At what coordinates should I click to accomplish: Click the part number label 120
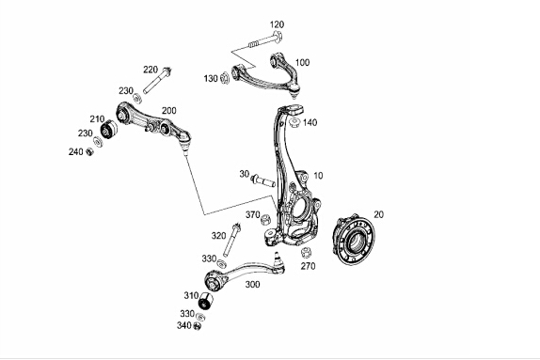pyautogui.click(x=277, y=24)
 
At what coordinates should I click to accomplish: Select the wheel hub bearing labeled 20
pyautogui.click(x=354, y=240)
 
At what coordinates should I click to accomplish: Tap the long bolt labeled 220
pyautogui.click(x=157, y=81)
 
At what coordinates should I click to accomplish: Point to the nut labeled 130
pyautogui.click(x=224, y=78)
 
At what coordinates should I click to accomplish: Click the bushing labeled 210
pyautogui.click(x=108, y=129)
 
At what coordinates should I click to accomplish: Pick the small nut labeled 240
pyautogui.click(x=89, y=151)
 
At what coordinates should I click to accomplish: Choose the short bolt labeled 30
pyautogui.click(x=263, y=180)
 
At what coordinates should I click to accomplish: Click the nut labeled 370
pyautogui.click(x=265, y=219)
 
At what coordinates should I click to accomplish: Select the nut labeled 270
pyautogui.click(x=306, y=253)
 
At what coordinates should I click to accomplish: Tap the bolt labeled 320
pyautogui.click(x=231, y=241)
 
